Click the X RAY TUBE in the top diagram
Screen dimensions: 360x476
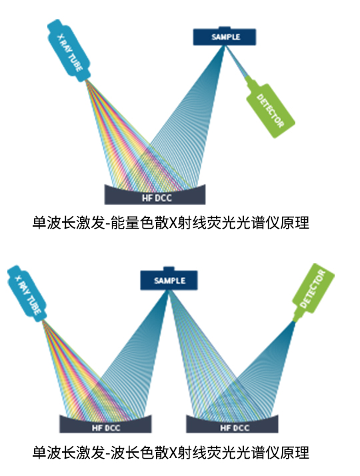69,51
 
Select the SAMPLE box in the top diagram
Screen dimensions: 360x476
225,37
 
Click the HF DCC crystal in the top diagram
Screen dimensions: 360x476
155,195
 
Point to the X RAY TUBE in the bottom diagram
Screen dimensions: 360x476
27,293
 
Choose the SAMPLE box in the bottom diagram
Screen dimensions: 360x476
169,279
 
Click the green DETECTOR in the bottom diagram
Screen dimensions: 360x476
313,293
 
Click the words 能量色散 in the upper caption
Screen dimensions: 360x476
139,223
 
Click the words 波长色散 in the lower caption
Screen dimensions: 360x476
139,452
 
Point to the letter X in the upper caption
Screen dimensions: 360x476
173,223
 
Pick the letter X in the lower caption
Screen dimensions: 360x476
173,453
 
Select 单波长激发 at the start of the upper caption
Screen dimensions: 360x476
69,223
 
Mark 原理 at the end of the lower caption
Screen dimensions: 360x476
294,452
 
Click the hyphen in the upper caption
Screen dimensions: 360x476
108,224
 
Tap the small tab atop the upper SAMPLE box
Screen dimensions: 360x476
224,27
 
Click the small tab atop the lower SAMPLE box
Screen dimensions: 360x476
169,269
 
